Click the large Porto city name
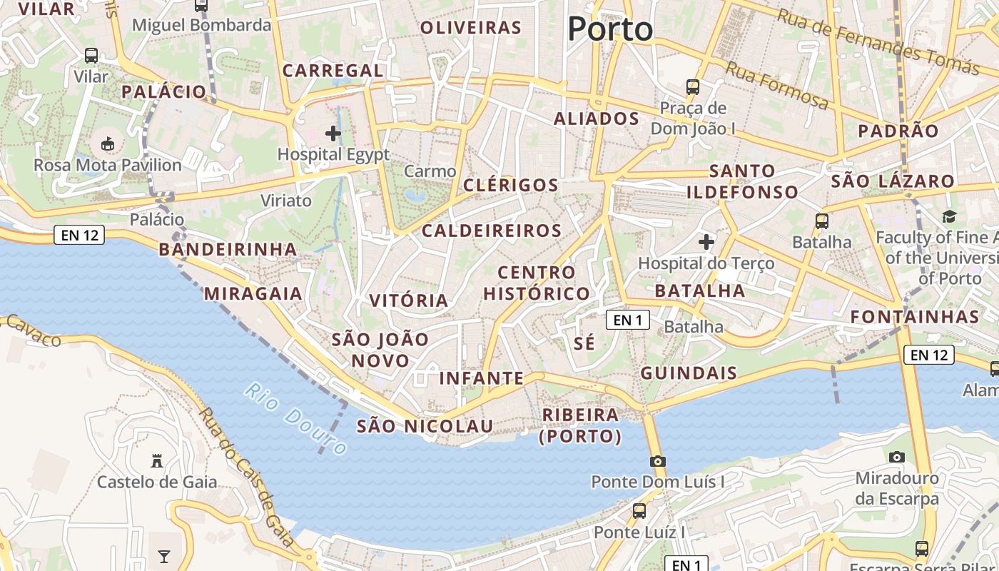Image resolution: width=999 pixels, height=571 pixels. [610, 29]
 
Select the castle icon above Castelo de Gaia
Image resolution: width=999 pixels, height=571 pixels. [157, 461]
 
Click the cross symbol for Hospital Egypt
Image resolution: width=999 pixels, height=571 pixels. [333, 133]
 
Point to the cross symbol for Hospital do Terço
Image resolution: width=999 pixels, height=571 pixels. [706, 243]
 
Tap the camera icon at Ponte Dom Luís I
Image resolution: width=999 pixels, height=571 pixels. [658, 461]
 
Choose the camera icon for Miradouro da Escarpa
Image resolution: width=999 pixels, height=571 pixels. [897, 457]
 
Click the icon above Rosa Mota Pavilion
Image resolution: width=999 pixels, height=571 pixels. [107, 144]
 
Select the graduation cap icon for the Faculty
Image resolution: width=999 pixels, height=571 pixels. [949, 216]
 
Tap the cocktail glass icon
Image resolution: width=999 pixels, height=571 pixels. [164, 556]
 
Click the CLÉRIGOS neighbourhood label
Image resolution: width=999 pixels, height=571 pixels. [511, 185]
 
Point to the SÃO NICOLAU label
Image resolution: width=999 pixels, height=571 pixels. [425, 426]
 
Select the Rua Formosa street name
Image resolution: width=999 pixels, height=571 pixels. [778, 86]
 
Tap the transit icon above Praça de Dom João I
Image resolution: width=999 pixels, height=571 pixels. [692, 87]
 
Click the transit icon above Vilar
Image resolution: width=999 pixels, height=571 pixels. [91, 56]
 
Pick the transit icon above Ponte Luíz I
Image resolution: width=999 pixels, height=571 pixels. [639, 511]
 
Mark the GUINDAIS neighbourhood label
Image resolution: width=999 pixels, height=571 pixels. [689, 373]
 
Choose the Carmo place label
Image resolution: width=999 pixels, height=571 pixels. [430, 171]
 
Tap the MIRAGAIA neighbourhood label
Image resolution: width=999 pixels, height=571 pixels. [253, 293]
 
